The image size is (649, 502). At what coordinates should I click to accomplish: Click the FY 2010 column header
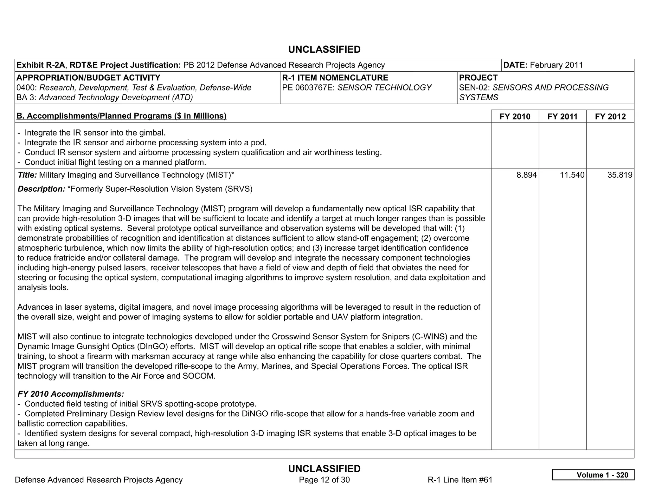click(x=515, y=116)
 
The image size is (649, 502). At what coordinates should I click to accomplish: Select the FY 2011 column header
click(x=562, y=116)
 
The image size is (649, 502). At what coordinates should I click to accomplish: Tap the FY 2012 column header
click(x=610, y=116)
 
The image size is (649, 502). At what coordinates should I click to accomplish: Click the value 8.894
click(x=526, y=175)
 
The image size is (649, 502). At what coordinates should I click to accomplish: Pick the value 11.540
click(x=572, y=175)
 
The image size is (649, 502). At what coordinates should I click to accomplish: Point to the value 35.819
click(x=620, y=175)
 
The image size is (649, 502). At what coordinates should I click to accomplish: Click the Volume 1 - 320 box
click(x=593, y=475)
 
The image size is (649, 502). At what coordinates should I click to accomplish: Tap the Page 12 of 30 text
click(x=324, y=479)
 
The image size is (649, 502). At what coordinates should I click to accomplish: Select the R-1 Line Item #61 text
click(x=460, y=479)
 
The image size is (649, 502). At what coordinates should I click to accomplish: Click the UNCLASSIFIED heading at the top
click(x=324, y=50)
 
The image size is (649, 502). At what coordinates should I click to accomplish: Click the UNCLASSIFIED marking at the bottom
click(x=324, y=469)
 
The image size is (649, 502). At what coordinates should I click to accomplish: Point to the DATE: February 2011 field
click(x=543, y=65)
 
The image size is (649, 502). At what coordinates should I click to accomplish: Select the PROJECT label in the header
click(x=478, y=78)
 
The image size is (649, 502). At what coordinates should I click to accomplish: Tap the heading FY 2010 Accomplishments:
click(x=71, y=394)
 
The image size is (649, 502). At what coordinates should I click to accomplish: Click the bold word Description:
click(x=41, y=189)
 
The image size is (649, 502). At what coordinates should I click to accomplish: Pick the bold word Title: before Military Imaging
click(x=27, y=175)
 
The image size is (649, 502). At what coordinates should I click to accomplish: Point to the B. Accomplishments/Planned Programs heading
click(x=121, y=116)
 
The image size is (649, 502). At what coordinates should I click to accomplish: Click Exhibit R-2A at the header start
click(x=41, y=65)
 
